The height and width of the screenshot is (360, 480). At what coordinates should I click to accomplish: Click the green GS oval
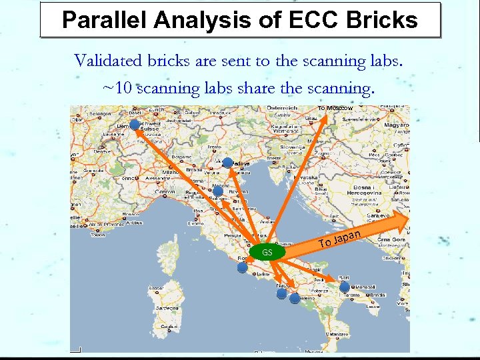point(267,253)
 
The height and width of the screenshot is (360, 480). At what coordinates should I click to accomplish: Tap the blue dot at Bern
point(135,125)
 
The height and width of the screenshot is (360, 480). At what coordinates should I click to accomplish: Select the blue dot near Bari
point(345,287)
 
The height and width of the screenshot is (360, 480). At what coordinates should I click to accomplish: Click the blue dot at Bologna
point(217,190)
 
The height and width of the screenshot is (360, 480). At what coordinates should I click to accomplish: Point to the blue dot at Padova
point(227,163)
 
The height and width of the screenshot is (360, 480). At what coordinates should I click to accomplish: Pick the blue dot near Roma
point(242,267)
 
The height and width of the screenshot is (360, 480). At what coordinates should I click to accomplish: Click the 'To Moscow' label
point(335,108)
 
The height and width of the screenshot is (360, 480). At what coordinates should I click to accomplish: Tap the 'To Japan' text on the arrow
point(340,238)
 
